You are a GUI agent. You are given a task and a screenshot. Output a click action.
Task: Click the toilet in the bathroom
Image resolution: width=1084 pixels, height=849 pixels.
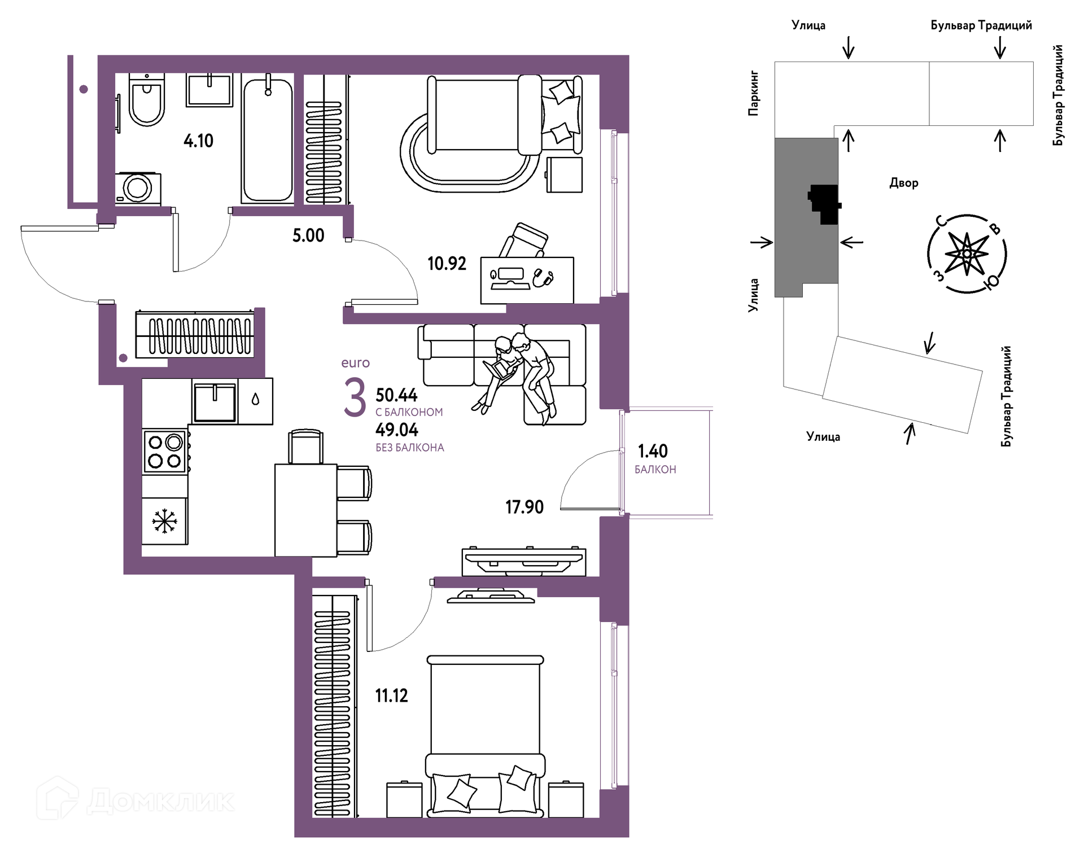[147, 99]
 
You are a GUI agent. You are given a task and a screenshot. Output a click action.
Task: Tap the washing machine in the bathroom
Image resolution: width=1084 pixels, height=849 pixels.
[138, 188]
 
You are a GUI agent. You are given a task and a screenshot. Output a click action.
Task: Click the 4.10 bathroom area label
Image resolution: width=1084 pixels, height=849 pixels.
[198, 141]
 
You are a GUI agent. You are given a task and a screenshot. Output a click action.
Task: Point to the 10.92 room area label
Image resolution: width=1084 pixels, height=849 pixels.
[447, 264]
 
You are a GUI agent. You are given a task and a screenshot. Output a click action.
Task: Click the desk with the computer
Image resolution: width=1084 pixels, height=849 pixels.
[527, 281]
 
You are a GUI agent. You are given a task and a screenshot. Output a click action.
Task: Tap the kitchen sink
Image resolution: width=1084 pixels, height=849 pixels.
[215, 402]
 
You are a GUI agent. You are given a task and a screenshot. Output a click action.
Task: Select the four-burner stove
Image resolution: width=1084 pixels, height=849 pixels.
[165, 452]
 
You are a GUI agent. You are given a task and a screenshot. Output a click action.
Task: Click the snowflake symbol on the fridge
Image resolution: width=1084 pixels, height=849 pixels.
[164, 521]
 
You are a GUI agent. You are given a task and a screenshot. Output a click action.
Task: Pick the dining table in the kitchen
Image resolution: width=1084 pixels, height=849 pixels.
[306, 510]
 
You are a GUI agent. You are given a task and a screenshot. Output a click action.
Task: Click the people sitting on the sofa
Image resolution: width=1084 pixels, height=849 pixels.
[518, 375]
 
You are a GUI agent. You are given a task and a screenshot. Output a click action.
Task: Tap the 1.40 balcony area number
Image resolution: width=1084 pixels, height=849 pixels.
[653, 451]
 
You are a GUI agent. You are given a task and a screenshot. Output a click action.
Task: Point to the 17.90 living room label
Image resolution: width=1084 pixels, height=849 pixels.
[524, 507]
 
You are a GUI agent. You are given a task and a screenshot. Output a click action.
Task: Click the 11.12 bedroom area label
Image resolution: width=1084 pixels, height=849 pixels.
[391, 695]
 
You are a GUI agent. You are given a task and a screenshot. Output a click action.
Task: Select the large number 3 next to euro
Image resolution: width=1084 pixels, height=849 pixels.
[355, 398]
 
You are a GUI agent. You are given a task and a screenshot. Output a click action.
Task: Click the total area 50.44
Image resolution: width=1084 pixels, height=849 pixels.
[396, 395]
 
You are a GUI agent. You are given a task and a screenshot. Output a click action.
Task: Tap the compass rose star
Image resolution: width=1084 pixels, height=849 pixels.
[967, 254]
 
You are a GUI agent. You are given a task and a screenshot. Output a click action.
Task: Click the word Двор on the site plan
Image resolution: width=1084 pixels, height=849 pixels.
[904, 183]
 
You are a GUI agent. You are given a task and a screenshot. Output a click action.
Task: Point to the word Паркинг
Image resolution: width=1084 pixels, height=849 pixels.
[753, 94]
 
